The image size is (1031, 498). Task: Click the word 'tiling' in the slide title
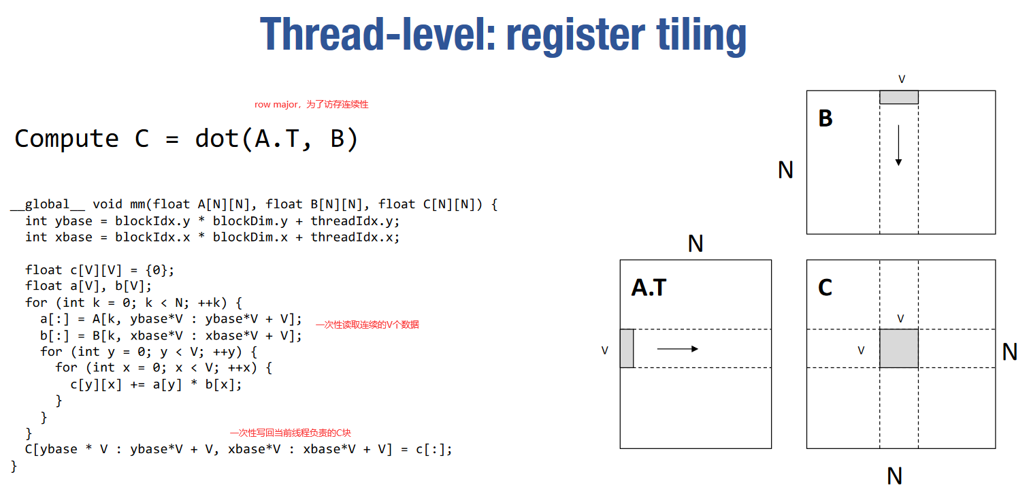point(701,35)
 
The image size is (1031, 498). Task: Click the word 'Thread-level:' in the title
point(378,34)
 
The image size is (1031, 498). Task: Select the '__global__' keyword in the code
point(48,204)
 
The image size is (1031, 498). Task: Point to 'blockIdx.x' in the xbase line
point(152,237)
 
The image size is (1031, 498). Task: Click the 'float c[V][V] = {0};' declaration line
point(100,269)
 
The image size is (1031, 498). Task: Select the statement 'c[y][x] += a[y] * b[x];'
point(156,384)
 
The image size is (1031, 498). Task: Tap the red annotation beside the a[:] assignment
point(367,325)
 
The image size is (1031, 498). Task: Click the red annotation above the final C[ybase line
point(291,433)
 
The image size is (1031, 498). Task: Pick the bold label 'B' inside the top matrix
point(825,118)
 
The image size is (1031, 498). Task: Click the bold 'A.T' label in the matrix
point(649,288)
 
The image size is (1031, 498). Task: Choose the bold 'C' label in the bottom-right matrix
point(825,288)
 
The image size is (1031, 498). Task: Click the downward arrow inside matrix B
point(898,145)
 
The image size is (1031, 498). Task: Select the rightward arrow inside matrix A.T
point(678,349)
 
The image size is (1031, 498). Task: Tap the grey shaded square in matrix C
point(899,348)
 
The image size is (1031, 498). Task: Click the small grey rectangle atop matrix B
point(899,97)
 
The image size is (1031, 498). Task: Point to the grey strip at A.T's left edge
point(627,348)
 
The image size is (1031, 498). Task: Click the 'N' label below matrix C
point(894,476)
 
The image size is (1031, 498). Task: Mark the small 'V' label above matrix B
point(902,79)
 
